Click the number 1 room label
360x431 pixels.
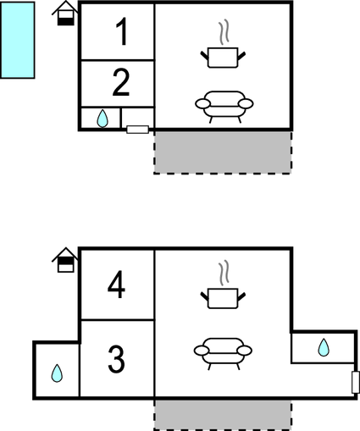pos(122,31)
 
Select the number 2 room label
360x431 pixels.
pos(121,82)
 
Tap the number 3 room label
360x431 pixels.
pos(116,359)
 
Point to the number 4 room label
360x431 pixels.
pos(116,285)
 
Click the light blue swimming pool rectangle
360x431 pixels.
pos(18,40)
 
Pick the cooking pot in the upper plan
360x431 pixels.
pos(223,58)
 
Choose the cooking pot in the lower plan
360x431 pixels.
pos(223,298)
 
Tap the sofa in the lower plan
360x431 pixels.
pos(223,353)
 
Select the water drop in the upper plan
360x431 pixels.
pos(102,119)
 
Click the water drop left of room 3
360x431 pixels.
pos(57,373)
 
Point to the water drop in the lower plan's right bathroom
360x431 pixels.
pos(324,347)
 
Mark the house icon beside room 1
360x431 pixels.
pos(65,14)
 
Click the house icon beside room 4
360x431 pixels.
pos(65,260)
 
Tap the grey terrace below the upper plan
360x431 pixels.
pos(223,152)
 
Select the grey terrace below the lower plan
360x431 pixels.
pos(223,415)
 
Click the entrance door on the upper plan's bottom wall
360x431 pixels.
pos(138,130)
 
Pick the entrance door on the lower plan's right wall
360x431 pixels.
pos(356,383)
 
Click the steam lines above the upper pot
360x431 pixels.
pos(224,32)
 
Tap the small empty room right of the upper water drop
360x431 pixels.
pos(137,117)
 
